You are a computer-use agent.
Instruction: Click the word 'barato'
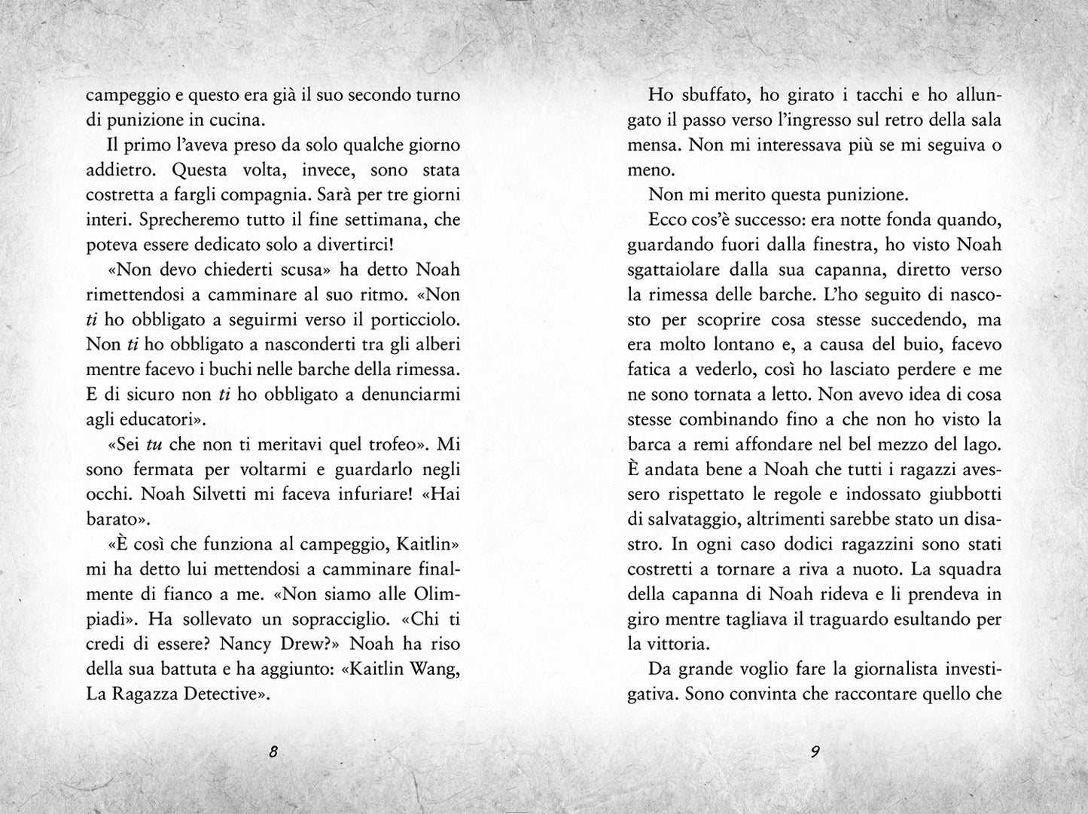(x=111, y=519)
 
